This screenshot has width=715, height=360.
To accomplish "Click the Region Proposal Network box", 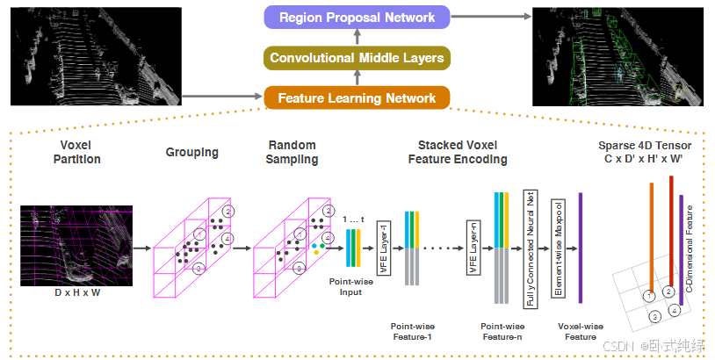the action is (357, 18).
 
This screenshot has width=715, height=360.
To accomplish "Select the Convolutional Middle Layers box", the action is (357, 58).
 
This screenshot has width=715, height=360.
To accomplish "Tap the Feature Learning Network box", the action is (357, 98).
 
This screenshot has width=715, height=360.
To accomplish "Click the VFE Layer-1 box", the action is (384, 248).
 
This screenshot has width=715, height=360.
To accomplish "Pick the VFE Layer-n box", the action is (473, 248).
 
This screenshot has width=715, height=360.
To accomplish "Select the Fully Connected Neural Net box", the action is (531, 248).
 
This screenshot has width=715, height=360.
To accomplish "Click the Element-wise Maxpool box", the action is (558, 248).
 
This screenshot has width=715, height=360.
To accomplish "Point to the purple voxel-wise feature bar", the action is (581, 248).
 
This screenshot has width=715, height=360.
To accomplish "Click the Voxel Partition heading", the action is (76, 152).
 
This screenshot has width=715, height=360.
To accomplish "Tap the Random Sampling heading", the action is (292, 152).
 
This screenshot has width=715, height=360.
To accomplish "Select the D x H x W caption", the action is (77, 292).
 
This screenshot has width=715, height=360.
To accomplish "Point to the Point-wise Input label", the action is (350, 286).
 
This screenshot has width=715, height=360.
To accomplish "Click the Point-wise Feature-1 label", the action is (412, 331).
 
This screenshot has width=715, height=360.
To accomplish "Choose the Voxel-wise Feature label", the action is (581, 331).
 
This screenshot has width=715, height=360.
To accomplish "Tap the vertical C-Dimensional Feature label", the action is (690, 248).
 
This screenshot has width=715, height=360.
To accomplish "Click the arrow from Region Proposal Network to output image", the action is (491, 17).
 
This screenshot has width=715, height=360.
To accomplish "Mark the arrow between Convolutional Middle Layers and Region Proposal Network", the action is (357, 38).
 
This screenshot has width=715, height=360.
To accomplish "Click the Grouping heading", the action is (192, 153).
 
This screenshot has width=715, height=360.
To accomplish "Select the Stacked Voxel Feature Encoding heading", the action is (458, 152).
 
